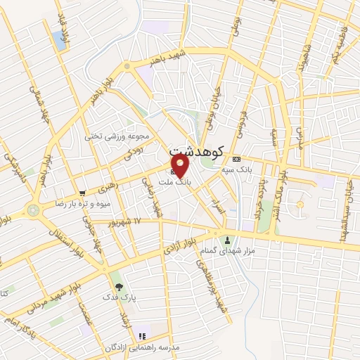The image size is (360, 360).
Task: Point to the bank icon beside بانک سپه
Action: coord(236,158)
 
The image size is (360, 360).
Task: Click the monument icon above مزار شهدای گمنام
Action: coord(227,240)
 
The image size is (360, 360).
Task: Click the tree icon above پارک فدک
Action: coord(118,286)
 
